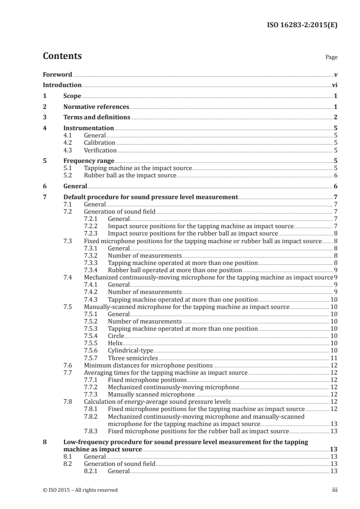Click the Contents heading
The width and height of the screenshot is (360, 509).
pos(62,57)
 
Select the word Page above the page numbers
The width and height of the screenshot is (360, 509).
pos(331,58)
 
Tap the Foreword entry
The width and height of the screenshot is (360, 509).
pos(57,74)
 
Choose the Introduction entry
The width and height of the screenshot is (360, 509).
pos(62,85)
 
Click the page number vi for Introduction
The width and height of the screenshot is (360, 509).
pos(334,85)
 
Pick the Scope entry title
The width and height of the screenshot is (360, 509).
pos(72,96)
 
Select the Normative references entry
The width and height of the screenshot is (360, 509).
pos(96,107)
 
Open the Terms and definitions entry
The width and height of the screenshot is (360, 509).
pos(97,117)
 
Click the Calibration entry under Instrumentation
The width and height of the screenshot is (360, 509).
pos(99,143)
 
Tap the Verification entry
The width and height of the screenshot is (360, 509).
pos(100,150)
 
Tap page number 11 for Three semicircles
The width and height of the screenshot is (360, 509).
pos(334,358)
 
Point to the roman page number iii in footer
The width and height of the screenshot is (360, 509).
pos(335,490)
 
